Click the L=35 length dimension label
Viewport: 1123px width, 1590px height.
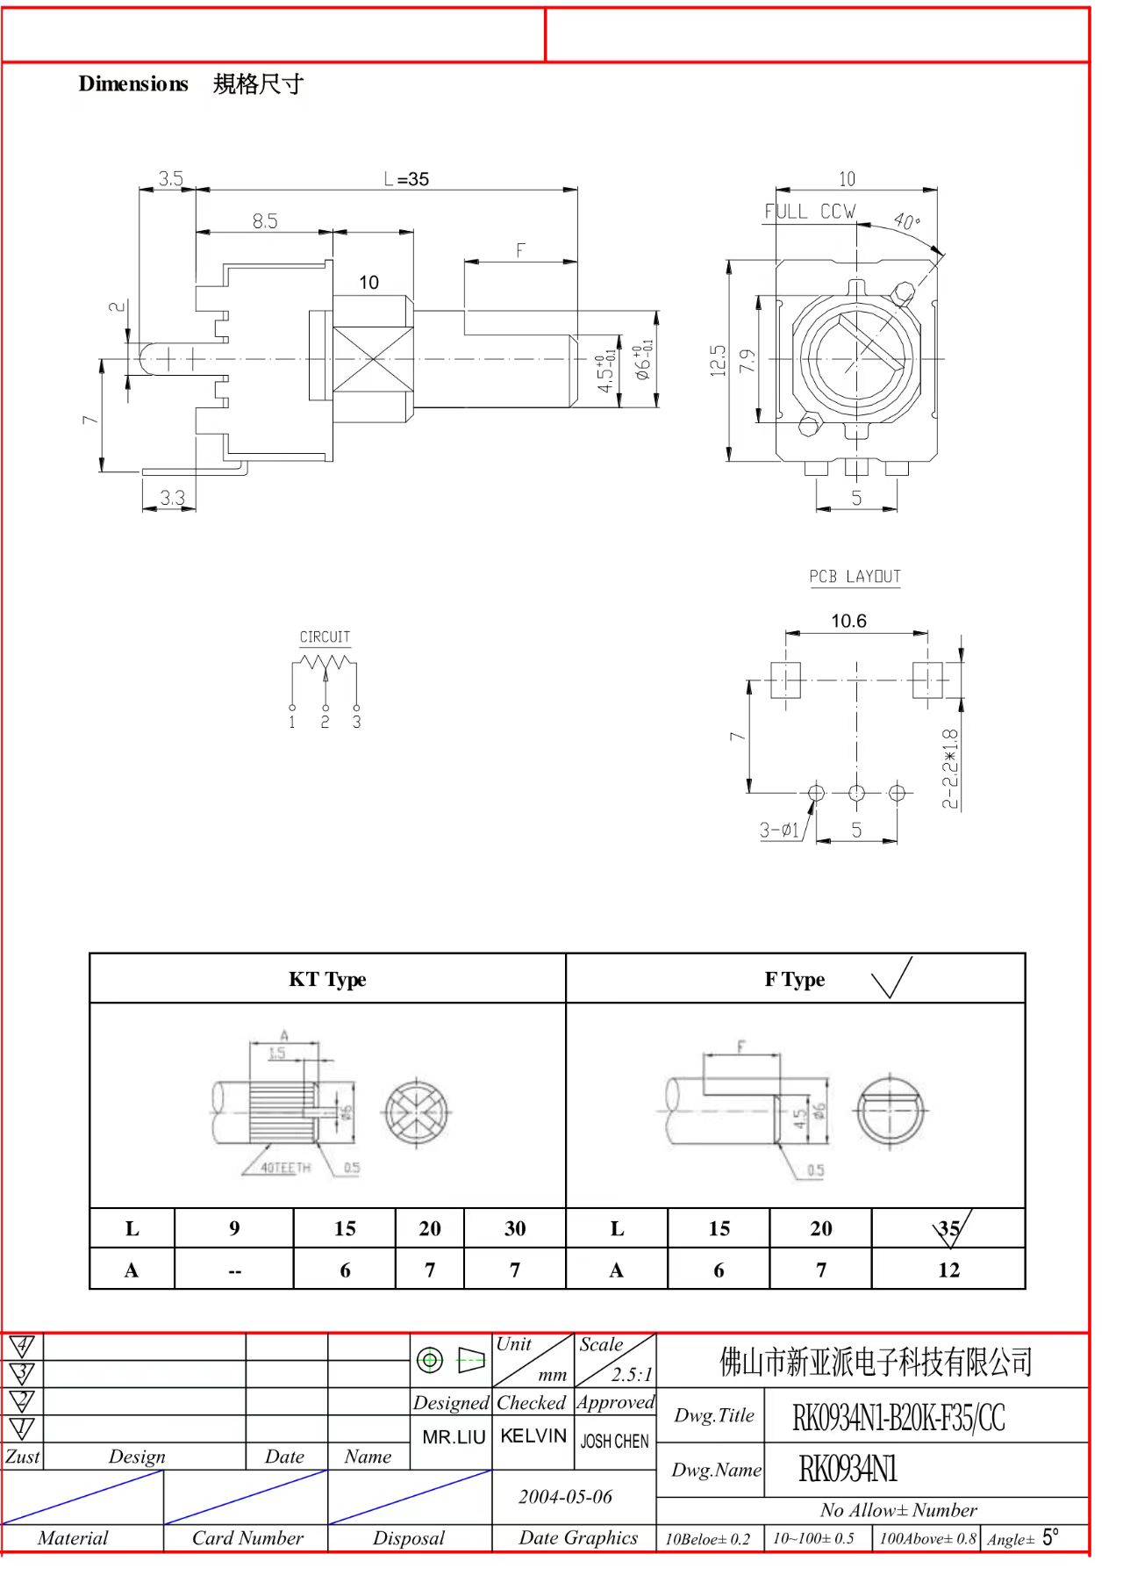point(406,179)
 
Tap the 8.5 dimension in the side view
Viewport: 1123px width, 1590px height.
point(265,221)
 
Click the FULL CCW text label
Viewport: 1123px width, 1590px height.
point(809,212)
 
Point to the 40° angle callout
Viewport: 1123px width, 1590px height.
point(907,220)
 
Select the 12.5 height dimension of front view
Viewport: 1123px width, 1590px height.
point(719,361)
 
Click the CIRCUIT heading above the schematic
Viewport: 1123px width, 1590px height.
point(325,637)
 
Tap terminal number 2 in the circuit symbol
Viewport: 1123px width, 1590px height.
point(325,723)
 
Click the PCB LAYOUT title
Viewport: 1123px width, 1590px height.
point(855,577)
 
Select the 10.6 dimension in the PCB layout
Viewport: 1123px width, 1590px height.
point(848,621)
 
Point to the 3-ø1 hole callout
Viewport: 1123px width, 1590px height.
point(779,830)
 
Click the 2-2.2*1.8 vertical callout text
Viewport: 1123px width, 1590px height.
point(950,768)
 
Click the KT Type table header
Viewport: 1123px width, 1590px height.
point(327,979)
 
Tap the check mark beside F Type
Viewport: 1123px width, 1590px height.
point(892,978)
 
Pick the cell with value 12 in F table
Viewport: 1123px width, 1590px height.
point(948,1270)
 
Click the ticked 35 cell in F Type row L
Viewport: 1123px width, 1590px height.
point(948,1228)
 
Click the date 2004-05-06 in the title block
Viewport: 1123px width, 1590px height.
point(565,1497)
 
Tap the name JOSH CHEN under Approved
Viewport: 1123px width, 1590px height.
point(614,1442)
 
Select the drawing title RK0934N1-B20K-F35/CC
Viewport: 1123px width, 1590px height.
point(898,1418)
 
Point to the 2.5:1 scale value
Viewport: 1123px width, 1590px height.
point(632,1374)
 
